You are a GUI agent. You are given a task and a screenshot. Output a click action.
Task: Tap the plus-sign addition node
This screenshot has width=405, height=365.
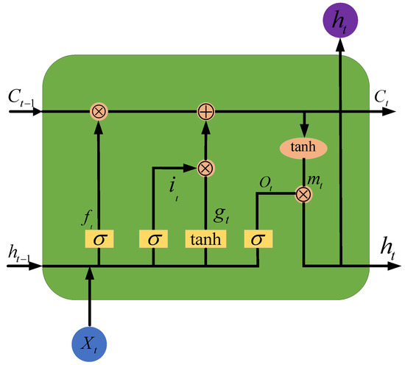pos(205,112)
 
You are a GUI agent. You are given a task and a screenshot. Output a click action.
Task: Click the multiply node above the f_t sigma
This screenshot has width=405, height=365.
pos(98,112)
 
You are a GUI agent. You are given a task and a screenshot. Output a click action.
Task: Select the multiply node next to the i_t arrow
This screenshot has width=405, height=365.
pos(205,167)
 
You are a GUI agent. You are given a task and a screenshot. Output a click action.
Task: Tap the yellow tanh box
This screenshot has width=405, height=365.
pos(205,238)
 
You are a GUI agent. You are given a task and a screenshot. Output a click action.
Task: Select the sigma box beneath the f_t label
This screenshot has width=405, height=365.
pos(98,238)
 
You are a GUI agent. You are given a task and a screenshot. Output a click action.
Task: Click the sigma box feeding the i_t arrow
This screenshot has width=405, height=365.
pos(152,238)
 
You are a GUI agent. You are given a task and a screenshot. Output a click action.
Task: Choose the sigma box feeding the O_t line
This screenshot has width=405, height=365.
pos(258,238)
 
